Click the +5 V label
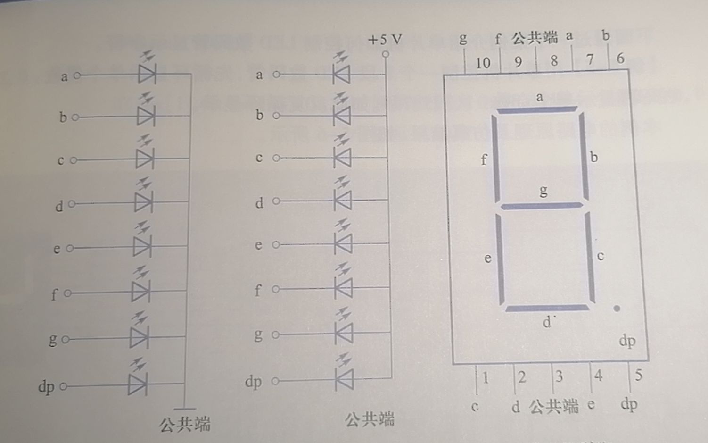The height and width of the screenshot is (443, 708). click(385, 39)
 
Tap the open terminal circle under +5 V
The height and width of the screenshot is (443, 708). click(386, 54)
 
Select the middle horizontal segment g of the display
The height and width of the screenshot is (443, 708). click(542, 206)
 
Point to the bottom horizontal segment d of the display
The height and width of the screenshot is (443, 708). click(547, 308)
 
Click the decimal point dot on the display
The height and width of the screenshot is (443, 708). click(617, 309)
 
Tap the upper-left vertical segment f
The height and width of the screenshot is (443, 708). click(496, 158)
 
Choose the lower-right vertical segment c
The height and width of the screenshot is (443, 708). click(590, 257)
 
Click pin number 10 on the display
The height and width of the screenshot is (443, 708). click(483, 63)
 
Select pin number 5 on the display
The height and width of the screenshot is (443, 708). click(638, 375)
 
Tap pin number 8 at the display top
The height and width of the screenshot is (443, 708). click(554, 61)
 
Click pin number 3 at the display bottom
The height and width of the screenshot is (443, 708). click(559, 376)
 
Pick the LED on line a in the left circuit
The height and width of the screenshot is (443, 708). click(147, 74)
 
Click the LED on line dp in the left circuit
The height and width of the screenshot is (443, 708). click(138, 384)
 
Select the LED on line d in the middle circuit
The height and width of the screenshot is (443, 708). click(343, 201)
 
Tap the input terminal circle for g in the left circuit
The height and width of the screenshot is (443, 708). click(65, 339)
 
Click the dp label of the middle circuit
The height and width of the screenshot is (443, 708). click(253, 381)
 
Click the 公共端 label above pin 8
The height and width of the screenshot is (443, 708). click(535, 37)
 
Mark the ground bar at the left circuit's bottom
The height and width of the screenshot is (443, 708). click(184, 409)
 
